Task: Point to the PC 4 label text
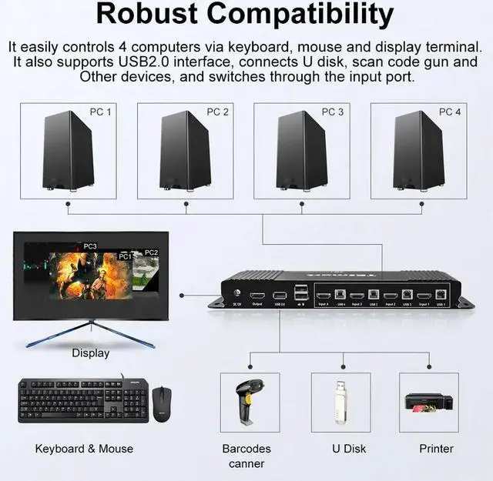(x=450, y=112)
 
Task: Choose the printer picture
(x=428, y=403)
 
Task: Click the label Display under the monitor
(x=91, y=353)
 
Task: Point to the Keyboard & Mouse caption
(x=84, y=449)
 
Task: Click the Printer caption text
(x=436, y=449)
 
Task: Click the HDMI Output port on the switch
(x=257, y=296)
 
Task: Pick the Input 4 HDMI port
(x=322, y=295)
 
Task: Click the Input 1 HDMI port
(x=423, y=295)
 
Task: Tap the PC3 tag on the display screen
(x=90, y=246)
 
